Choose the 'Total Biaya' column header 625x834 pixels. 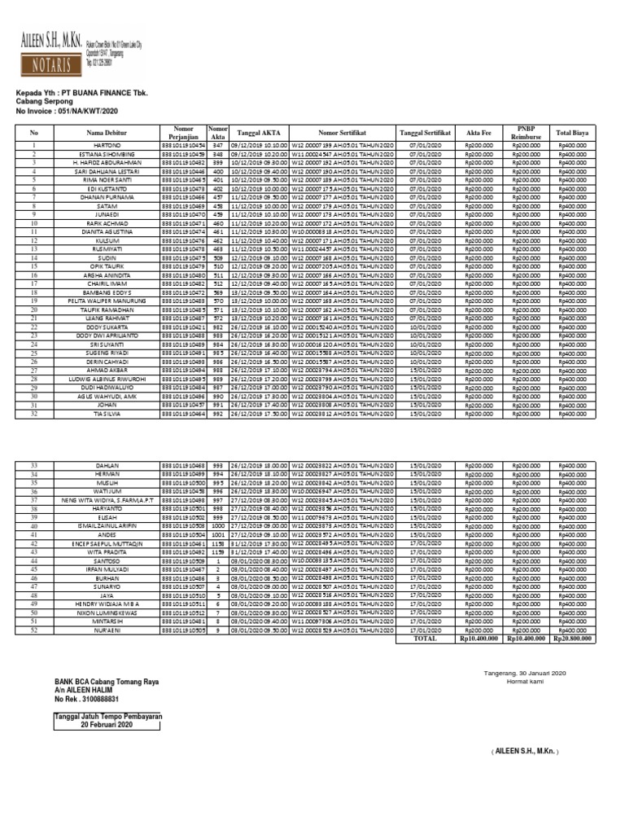(x=573, y=132)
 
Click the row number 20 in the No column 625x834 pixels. (x=34, y=310)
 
